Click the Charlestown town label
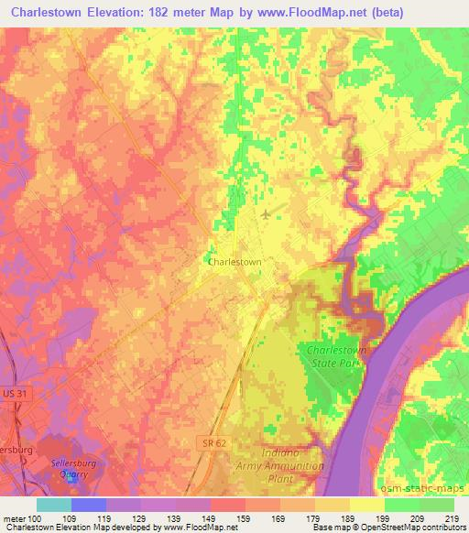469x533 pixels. click(x=235, y=261)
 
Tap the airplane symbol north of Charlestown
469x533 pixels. click(x=266, y=214)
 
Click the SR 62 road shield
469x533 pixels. click(x=212, y=442)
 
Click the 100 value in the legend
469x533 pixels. click(x=35, y=518)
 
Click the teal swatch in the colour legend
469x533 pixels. click(x=54, y=505)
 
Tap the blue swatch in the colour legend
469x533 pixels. click(x=89, y=505)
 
